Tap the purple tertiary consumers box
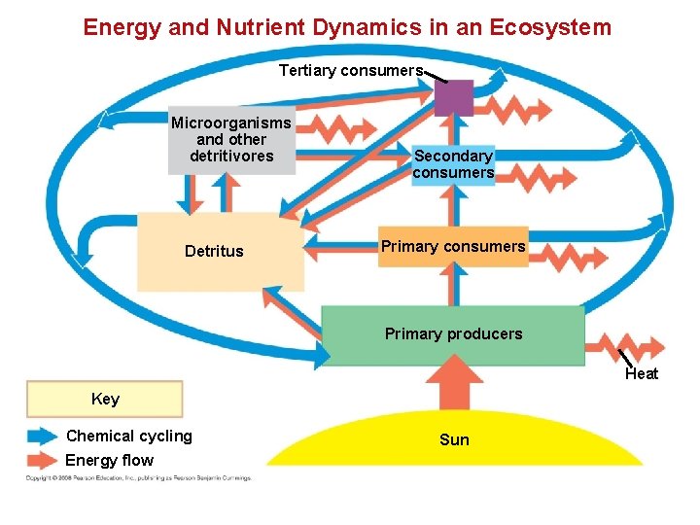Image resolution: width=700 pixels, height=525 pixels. (x=454, y=98)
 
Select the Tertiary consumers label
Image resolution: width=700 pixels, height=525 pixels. (x=351, y=70)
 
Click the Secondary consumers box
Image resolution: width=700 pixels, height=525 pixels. (x=453, y=164)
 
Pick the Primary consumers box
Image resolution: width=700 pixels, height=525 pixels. (x=453, y=247)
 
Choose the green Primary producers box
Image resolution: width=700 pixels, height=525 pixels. (x=453, y=334)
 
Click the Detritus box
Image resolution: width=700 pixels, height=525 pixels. (x=220, y=252)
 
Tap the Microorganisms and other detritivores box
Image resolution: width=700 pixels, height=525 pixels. (x=231, y=140)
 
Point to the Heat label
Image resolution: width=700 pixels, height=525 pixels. (x=642, y=374)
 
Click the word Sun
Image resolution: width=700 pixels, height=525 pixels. (x=454, y=440)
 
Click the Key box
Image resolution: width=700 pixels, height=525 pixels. (x=105, y=399)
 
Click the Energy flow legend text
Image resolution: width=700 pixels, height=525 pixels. (x=109, y=461)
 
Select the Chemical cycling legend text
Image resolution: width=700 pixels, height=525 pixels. (x=129, y=437)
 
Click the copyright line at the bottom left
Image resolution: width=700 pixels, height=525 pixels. (x=138, y=478)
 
